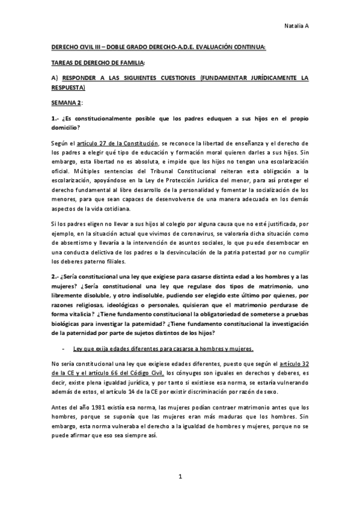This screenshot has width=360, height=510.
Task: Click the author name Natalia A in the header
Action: (x=296, y=25)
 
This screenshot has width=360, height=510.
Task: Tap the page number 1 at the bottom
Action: (x=180, y=477)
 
